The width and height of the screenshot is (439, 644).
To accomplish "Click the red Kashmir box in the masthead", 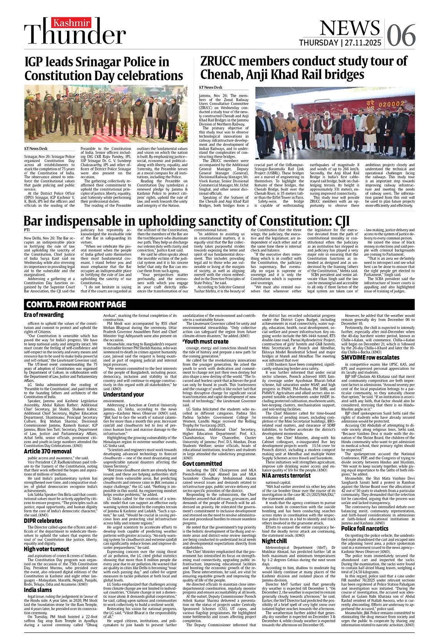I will coord(72,23).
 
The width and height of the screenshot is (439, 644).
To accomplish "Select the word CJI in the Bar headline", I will coord(342,221).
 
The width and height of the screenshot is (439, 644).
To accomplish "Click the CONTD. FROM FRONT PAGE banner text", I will coord(76,304).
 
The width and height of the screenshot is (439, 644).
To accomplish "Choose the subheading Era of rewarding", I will coord(44,315).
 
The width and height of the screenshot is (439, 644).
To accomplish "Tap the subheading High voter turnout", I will coord(47,549).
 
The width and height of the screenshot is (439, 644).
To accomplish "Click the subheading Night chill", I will coord(274,541).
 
